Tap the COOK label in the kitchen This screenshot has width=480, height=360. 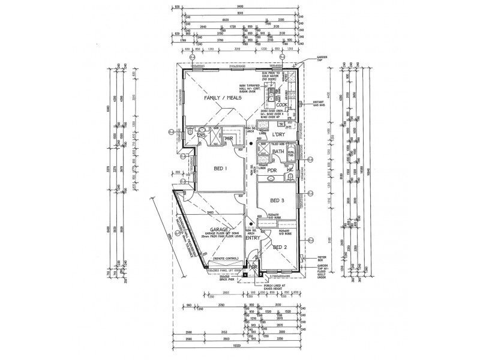[x=283, y=104]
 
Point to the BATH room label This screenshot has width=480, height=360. [x=278, y=152]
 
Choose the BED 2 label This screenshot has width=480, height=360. [x=280, y=247]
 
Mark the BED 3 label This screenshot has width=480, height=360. [x=277, y=200]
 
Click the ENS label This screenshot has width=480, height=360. [x=201, y=136]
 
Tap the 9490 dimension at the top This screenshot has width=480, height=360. [x=240, y=7]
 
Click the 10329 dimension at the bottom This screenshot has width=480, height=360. [x=240, y=353]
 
